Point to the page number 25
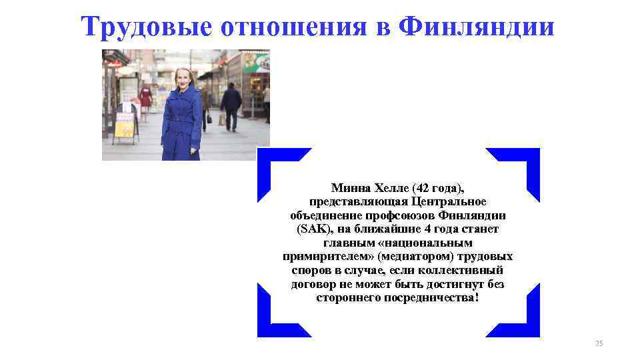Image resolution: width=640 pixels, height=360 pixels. coord(598,343)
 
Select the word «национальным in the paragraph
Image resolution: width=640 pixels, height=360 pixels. coord(436,243)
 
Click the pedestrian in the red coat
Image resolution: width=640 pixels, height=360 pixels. coord(145,98)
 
